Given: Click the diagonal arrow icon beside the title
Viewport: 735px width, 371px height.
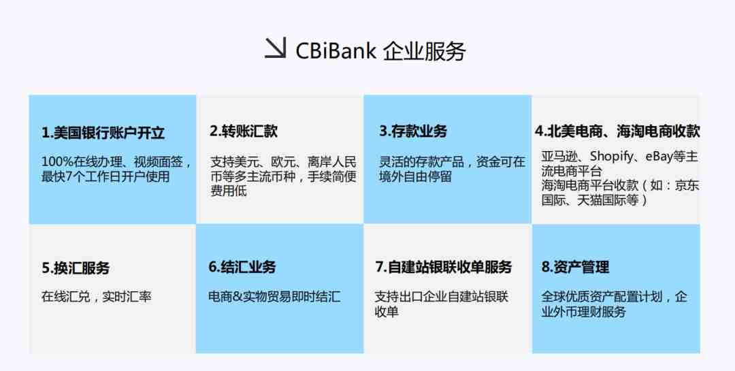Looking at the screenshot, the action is tap(275, 48).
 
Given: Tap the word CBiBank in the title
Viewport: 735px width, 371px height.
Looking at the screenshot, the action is tap(336, 50).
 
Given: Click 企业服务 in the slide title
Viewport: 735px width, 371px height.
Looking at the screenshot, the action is tap(424, 51).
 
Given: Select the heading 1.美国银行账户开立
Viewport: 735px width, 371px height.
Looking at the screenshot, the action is tap(103, 133).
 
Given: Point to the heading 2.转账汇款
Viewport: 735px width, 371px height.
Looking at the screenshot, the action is tap(244, 131).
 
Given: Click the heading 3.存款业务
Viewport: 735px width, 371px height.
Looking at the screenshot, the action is tap(413, 131).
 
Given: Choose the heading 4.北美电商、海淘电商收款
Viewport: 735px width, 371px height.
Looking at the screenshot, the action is tap(617, 131).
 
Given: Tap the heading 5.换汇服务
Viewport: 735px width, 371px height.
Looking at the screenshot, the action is tap(76, 268).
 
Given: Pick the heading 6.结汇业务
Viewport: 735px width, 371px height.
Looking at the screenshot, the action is tap(242, 267).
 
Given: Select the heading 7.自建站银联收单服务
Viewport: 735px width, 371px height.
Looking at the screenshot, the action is tap(444, 267).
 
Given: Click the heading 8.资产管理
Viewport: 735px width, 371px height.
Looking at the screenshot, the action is tap(575, 267).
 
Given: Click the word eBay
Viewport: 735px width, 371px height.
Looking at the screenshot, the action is tap(659, 156).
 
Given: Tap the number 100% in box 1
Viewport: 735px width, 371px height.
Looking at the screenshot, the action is tap(57, 162).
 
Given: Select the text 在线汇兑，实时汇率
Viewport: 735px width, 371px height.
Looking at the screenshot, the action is tap(97, 296).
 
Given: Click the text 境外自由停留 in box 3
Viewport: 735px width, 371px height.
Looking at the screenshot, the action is tap(415, 177).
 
